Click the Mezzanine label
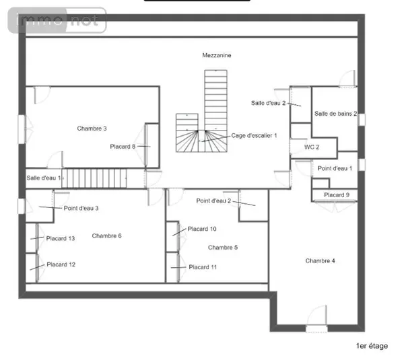[x=216, y=55]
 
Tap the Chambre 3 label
[x=92, y=129]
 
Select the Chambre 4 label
[x=320, y=261]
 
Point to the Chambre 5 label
[x=223, y=248]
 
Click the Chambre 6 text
[x=106, y=236]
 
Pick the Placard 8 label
[x=123, y=147]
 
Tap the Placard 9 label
[x=337, y=195]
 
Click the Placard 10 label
[x=202, y=229]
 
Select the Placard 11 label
[x=203, y=267]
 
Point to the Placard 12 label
[x=61, y=264]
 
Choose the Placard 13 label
[x=61, y=238]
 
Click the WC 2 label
[x=312, y=147]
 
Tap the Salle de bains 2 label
[x=335, y=114]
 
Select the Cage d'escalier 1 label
[x=254, y=136]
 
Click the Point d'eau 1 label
[x=335, y=168]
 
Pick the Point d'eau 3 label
[x=81, y=209]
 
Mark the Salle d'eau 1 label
[x=44, y=178]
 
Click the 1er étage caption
[x=372, y=346]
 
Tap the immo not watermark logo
[x=57, y=20]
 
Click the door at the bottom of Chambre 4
[x=316, y=319]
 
